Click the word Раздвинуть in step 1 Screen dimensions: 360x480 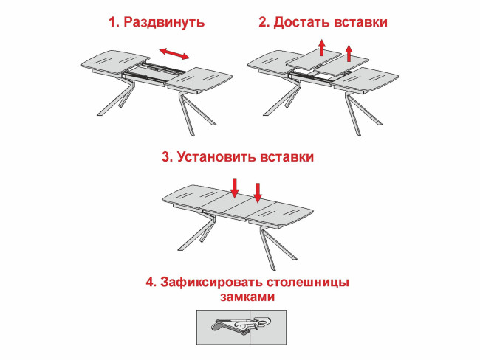click(x=164, y=23)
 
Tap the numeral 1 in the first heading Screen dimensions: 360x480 click(x=112, y=23)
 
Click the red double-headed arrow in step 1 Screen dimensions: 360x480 click(x=175, y=53)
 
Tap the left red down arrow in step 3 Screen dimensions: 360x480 click(x=234, y=187)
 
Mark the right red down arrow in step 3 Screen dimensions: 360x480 click(x=258, y=193)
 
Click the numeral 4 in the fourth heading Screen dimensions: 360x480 click(x=150, y=282)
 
